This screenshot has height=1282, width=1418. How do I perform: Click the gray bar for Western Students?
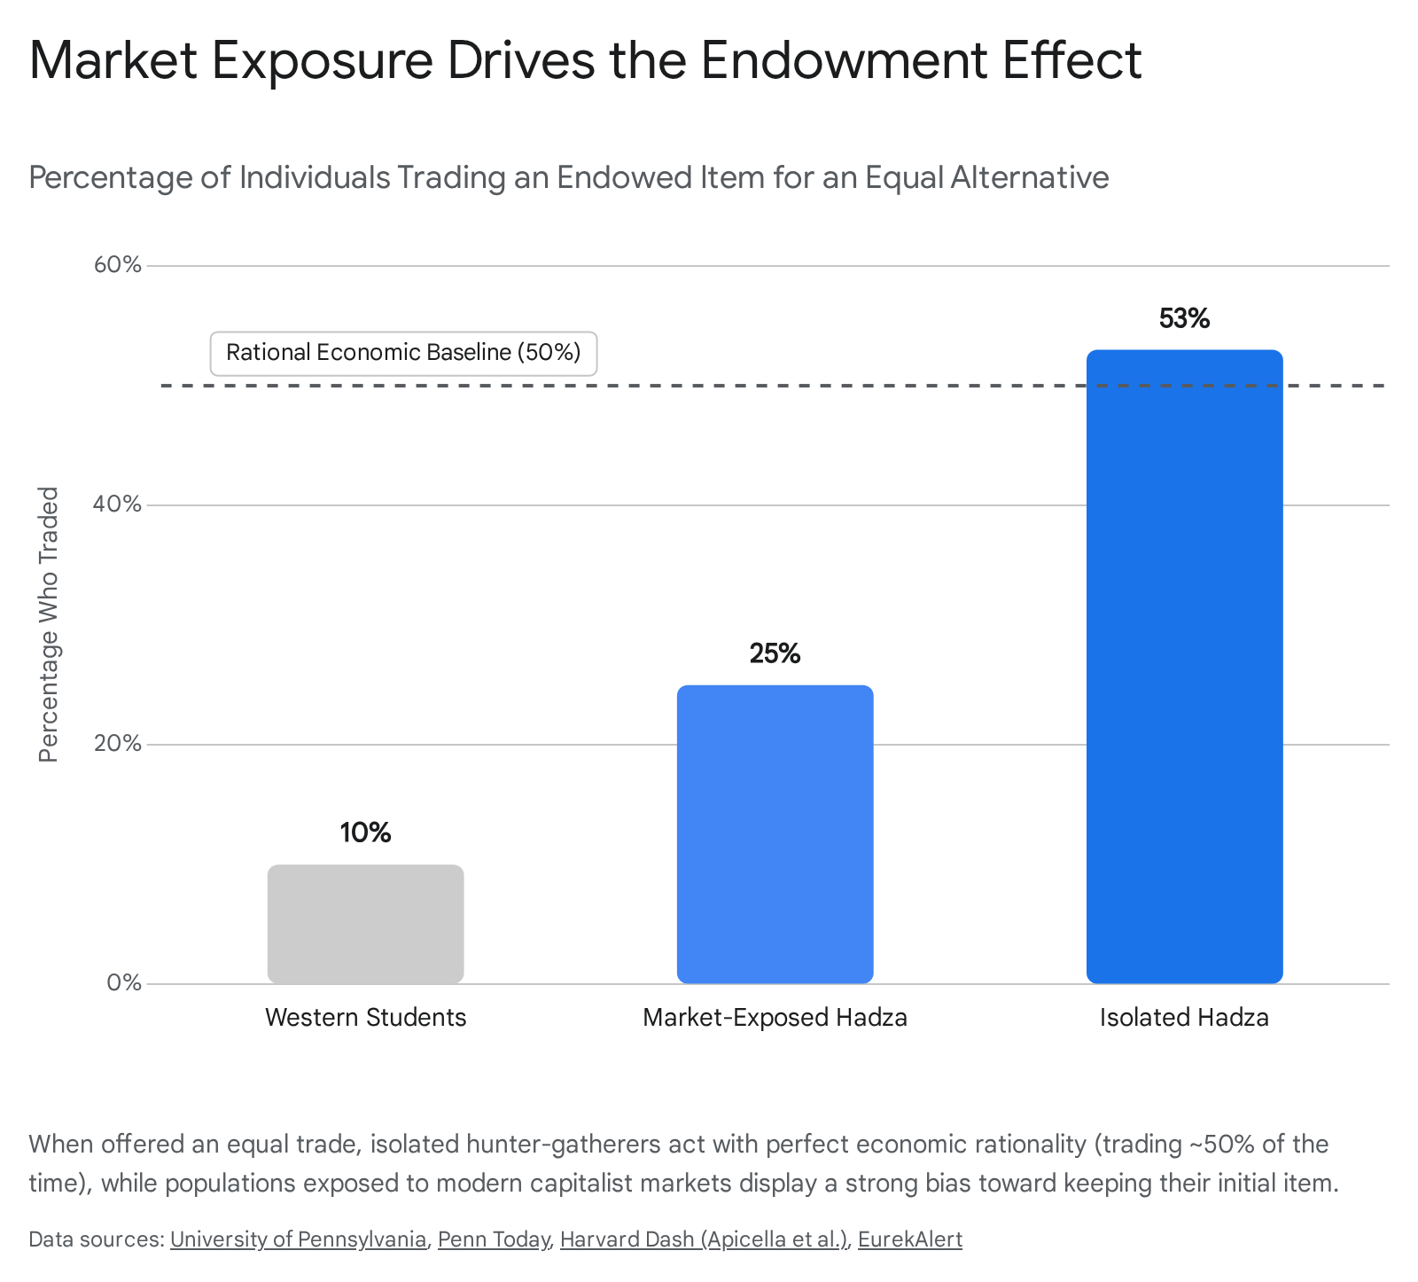tap(365, 924)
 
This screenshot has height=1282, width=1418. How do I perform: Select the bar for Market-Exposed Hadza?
tap(775, 834)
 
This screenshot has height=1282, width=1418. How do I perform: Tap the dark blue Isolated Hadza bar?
tap(1184, 667)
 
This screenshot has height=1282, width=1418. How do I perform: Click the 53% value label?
tap(1184, 318)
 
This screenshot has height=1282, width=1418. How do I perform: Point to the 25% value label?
tap(775, 653)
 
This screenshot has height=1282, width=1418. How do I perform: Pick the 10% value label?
tap(365, 833)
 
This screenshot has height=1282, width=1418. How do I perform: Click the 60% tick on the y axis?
tap(118, 265)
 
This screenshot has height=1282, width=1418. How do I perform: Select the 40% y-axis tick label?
tap(118, 504)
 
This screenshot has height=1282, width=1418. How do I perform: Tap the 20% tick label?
tap(118, 744)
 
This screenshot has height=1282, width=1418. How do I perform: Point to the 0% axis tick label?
tap(124, 983)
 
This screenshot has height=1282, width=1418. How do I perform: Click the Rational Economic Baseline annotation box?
tap(403, 353)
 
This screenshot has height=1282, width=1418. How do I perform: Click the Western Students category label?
tap(365, 1017)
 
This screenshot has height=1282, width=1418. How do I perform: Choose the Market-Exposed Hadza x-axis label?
tap(775, 1017)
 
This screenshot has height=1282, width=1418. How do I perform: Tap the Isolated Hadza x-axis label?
tap(1184, 1017)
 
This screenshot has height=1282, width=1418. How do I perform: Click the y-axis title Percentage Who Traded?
tap(49, 624)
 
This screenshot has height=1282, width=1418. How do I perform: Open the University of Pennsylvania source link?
tap(298, 1239)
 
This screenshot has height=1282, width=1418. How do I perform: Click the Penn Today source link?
tap(494, 1239)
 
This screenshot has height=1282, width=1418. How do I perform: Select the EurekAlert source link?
tap(910, 1239)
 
